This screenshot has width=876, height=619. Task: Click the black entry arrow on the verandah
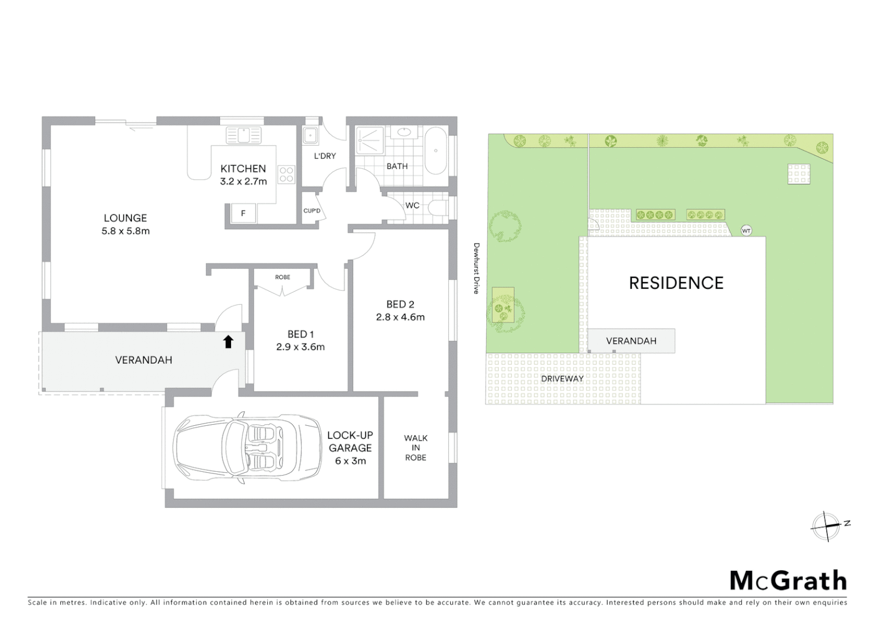pos(228,342)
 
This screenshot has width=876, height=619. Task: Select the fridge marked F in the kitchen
pos(243,213)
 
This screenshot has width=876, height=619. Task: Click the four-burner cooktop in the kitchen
pos(286,175)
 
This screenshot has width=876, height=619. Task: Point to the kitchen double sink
pos(244,135)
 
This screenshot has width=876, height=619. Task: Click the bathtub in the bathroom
pos(436,150)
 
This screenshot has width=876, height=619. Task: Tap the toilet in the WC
pos(439,206)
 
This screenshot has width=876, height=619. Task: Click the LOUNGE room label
pos(126,218)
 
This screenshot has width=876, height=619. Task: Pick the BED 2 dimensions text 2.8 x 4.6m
pos(400,317)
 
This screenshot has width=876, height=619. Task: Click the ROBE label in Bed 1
pos(283,277)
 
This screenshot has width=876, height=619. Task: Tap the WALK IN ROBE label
pos(416,448)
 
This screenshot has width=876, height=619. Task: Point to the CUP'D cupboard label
pos(312,211)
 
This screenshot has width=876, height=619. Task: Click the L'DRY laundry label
pos(325,156)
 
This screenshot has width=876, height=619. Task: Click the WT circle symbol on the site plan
pos(746,231)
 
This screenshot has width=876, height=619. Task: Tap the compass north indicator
pos(826,525)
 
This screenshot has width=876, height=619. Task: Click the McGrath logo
pos(788,581)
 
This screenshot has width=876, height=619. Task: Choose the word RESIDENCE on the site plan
pos(676,283)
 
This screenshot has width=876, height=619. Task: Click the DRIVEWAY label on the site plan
pos(562,379)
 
